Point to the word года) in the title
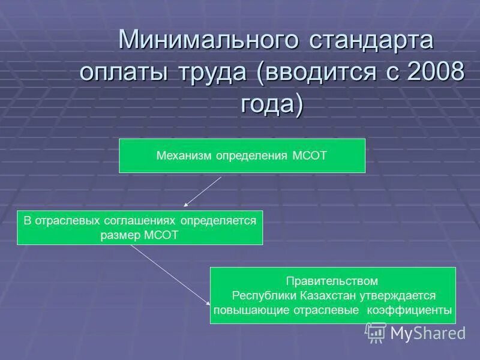[x=272, y=104]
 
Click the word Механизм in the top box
[x=180, y=156]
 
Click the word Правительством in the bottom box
[x=332, y=281]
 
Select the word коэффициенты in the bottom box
[x=415, y=310]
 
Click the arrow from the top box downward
[x=203, y=192]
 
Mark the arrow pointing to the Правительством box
[x=171, y=276]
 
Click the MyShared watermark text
[x=428, y=333]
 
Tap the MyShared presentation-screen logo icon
[x=376, y=332]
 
